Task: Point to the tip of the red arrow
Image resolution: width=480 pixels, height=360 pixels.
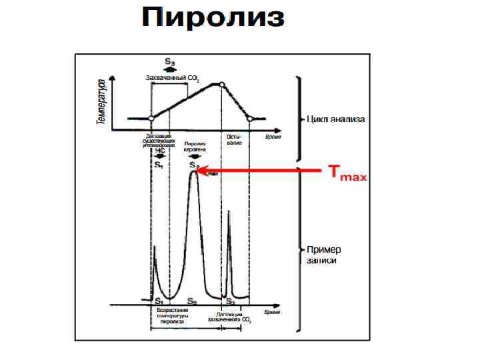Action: tap(198, 171)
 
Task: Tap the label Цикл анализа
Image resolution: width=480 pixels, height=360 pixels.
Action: tap(336, 120)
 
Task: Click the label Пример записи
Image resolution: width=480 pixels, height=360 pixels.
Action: tap(324, 255)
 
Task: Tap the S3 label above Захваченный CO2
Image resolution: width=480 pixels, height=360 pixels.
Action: tap(170, 61)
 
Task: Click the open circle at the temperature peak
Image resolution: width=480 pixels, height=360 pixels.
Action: tap(222, 84)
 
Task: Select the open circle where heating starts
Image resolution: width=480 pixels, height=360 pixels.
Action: tap(151, 118)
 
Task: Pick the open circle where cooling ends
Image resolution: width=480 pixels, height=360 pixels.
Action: tap(250, 118)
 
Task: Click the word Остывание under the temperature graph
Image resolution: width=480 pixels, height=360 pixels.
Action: tap(234, 139)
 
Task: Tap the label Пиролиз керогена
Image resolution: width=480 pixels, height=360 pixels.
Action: tap(195, 147)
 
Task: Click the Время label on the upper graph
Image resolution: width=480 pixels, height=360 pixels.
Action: tap(273, 136)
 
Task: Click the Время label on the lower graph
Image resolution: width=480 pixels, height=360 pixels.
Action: tap(272, 311)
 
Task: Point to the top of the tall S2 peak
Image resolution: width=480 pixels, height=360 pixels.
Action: tap(193, 171)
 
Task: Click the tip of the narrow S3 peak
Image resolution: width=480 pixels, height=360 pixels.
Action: tap(229, 211)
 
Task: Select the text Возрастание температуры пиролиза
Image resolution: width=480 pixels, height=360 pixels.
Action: tap(172, 315)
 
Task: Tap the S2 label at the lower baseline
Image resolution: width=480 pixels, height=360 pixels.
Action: tap(191, 301)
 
